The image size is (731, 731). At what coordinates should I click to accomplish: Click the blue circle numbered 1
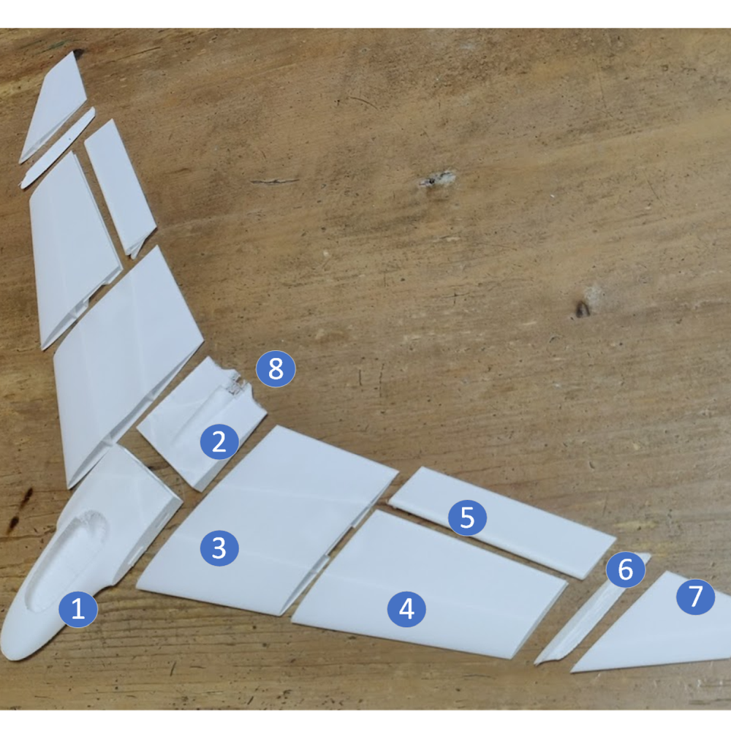pos(78,609)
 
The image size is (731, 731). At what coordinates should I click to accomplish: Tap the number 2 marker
pos(219,442)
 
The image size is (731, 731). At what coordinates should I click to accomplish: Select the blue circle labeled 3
pos(219,548)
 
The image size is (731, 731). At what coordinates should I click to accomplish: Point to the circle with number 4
pos(406,608)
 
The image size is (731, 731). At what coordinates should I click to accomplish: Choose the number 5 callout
pos(468,518)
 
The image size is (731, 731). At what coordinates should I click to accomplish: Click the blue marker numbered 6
pos(626,569)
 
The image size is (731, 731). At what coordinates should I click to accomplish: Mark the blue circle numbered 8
pos(276,369)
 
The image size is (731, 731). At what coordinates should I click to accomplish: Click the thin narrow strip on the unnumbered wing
pos(57,150)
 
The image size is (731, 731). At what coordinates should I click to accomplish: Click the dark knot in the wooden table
pos(582,309)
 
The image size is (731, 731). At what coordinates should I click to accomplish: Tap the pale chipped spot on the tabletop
pos(437,179)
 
